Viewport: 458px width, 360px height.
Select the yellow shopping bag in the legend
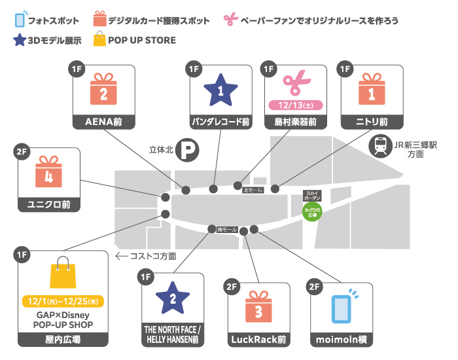(99, 40)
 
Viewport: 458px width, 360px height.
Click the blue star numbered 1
(220, 91)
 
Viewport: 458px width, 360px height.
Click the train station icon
(379, 145)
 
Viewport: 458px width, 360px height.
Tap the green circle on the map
(312, 211)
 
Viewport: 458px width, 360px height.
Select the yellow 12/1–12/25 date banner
(62, 303)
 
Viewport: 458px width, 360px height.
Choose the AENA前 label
(103, 122)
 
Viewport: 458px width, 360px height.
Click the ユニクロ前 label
(48, 204)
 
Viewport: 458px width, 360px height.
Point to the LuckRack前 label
(258, 339)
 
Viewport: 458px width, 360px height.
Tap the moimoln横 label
(340, 339)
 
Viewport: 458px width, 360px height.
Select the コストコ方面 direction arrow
(122, 256)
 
